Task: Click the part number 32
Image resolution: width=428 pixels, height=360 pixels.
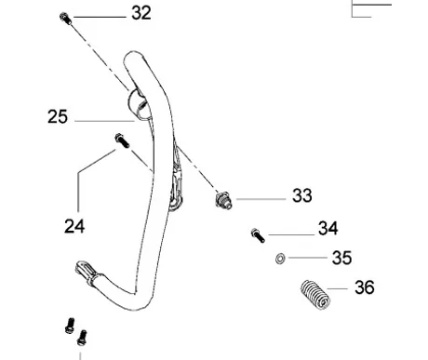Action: [x=141, y=13]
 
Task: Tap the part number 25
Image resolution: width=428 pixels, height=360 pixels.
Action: [x=58, y=117]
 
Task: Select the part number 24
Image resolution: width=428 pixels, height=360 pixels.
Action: [x=74, y=226]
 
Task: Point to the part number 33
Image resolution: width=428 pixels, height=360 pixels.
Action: [x=302, y=195]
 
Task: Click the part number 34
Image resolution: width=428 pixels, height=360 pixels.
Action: [x=328, y=228]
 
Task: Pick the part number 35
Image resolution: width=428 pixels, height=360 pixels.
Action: [x=341, y=258]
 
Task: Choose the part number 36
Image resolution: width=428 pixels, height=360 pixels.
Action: [x=365, y=287]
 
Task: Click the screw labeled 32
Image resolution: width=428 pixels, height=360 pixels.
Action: [x=65, y=19]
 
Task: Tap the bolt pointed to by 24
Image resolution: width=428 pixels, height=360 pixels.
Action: [x=122, y=140]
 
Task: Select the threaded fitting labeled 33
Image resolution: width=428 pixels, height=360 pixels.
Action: [x=223, y=200]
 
